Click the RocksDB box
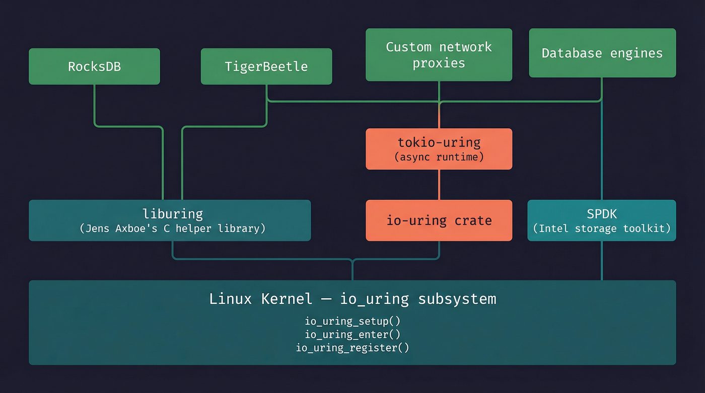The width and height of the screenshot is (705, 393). pos(94,66)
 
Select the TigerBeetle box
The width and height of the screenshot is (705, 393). pos(266,66)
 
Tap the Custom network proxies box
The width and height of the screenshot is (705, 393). pos(439,55)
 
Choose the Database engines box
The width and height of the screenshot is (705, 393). pos(602,53)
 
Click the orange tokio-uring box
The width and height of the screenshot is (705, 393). pos(439,149)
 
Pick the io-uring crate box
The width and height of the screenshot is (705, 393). pos(439,220)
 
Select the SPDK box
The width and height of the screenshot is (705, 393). pos(602,220)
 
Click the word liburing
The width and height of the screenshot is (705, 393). pos(172,214)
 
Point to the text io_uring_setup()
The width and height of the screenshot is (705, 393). pos(352,321)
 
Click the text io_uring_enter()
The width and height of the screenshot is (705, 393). pos(352,334)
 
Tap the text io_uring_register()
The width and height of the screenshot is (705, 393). pos(352,347)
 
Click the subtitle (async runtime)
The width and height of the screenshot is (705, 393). pos(439,157)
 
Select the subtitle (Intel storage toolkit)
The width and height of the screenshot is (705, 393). pos(602,228)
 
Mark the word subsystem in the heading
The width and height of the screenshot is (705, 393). pos(457,299)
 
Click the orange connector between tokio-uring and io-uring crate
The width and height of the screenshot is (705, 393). pos(439,185)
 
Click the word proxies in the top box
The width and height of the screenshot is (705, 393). pos(439,63)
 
